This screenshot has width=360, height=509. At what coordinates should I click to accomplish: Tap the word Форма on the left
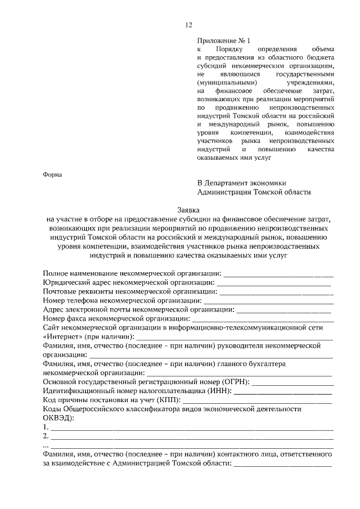pos(54,174)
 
